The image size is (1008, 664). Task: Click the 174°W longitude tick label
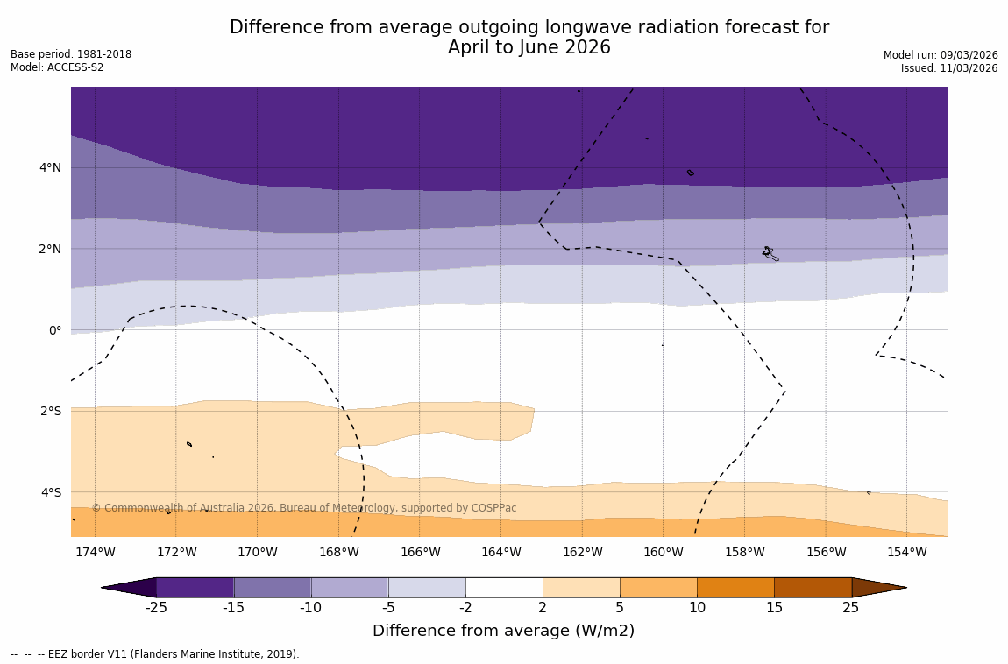click(x=95, y=552)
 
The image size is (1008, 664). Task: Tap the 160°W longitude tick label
click(x=663, y=552)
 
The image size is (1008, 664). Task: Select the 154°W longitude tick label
click(x=906, y=552)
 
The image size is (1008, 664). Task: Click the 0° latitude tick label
click(x=55, y=330)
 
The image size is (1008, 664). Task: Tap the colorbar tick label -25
click(x=156, y=608)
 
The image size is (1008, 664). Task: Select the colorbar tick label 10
click(x=697, y=608)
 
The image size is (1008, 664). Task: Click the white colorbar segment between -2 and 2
click(x=504, y=587)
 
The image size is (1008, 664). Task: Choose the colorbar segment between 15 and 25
click(x=813, y=587)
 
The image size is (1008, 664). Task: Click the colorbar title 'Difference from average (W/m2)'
click(x=503, y=631)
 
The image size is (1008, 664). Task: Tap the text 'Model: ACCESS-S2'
click(x=57, y=67)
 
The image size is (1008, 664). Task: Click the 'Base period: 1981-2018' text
click(x=71, y=54)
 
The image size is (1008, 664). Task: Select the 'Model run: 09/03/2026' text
click(x=941, y=55)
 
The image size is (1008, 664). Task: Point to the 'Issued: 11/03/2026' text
click(x=949, y=68)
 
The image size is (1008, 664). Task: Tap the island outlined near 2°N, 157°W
click(x=769, y=252)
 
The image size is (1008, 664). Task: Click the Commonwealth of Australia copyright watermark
click(x=304, y=508)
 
